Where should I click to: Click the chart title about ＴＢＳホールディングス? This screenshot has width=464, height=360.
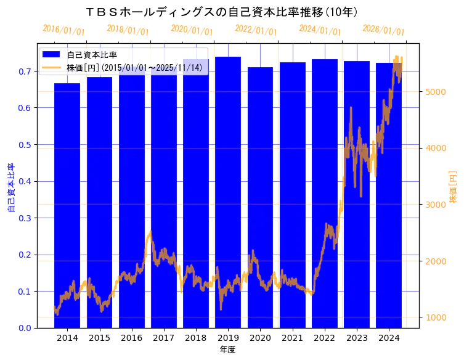coord(221,12)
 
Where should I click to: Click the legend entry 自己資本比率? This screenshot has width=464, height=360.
coord(92,55)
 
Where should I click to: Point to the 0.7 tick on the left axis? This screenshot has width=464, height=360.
coord(25,72)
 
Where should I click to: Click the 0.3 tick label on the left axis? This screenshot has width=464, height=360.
coord(25,218)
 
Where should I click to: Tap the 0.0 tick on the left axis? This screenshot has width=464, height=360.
coord(25,328)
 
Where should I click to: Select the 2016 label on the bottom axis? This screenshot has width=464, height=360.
coord(131,338)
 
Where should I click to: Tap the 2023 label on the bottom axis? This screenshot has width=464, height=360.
coord(357,338)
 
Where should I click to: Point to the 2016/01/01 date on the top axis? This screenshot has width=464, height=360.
coord(63,30)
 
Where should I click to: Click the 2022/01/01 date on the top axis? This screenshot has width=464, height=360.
coord(256,30)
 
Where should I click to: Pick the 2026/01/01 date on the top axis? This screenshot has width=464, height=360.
coord(383,30)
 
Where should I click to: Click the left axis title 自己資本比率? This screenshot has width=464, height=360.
coord(10,188)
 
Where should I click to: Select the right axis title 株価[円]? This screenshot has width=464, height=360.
coord(454,187)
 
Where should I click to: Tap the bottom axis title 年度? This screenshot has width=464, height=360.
coord(227,350)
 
